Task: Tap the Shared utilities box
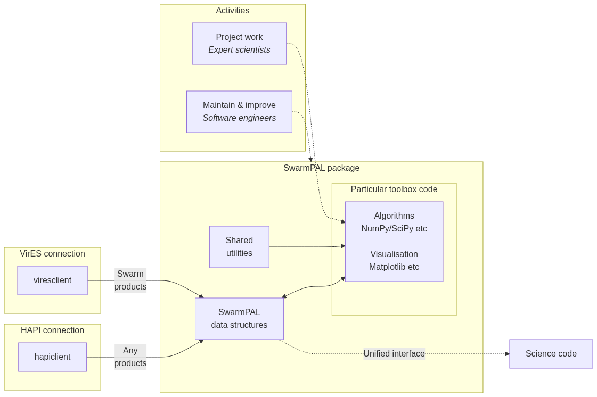(239, 247)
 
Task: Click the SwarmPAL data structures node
(239, 319)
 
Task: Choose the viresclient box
(52, 280)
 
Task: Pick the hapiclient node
(52, 357)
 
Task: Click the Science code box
(551, 354)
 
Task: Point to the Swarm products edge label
(130, 280)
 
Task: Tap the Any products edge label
(130, 357)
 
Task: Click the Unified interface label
(394, 354)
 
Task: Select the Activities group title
(233, 11)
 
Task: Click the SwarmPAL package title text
(321, 168)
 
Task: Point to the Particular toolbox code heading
(394, 189)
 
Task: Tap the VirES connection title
(52, 254)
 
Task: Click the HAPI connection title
(52, 330)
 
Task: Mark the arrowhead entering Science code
(508, 354)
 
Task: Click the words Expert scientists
(239, 50)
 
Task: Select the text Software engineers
(239, 118)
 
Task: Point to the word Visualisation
(394, 254)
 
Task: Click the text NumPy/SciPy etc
(394, 229)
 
